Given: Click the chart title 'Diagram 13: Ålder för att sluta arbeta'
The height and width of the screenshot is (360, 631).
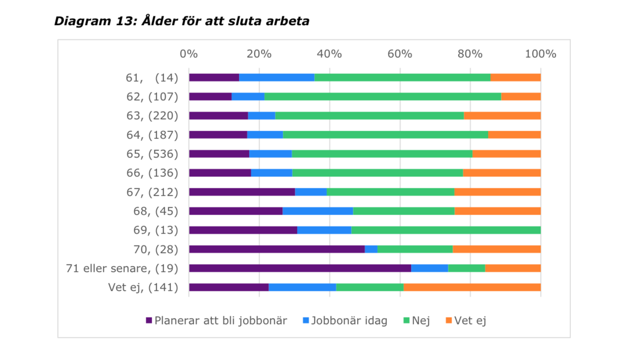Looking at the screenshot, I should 182,21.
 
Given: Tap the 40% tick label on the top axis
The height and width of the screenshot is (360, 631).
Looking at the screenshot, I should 329,54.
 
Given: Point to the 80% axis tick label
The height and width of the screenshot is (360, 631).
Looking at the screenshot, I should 470,54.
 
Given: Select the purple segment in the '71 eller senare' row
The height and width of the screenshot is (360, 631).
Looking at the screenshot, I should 300,268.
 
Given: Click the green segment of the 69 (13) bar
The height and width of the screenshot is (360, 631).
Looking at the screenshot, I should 446,230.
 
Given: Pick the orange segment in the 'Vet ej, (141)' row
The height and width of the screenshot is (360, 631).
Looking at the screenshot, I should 472,287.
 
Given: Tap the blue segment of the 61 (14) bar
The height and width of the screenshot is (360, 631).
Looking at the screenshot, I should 277,78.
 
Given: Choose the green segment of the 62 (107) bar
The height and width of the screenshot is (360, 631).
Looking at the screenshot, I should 383,96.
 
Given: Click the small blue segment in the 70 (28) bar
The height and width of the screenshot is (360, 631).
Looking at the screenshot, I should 371,249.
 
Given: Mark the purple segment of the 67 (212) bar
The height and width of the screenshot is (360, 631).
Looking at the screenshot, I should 242,192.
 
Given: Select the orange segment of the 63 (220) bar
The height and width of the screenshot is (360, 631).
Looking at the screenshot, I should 502,116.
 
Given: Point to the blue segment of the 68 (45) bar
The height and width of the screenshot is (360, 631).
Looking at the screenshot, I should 318,211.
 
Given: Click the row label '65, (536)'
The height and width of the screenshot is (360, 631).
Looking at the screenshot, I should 152,154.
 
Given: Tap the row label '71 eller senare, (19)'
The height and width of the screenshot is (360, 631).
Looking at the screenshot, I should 122,268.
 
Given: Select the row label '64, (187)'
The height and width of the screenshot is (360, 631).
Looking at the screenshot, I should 152,135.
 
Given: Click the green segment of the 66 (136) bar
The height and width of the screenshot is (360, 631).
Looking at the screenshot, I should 377,173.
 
